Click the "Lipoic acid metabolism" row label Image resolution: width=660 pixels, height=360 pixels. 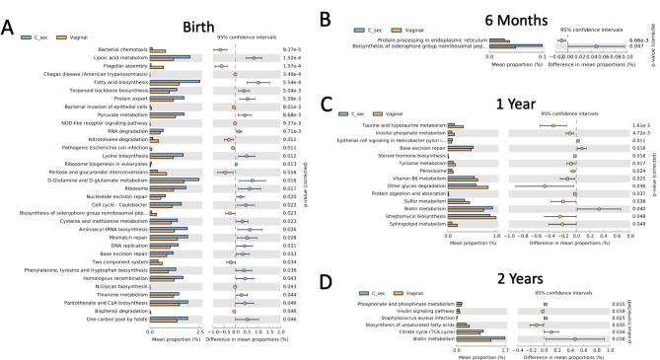pos(119,58)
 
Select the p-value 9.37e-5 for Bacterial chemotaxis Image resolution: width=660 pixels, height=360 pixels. pos(291,49)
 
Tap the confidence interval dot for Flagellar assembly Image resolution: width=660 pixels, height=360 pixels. pos(230,66)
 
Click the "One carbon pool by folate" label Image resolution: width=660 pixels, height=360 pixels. pos(117,320)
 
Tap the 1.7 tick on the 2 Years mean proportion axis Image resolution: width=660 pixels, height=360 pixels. pos(506,351)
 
